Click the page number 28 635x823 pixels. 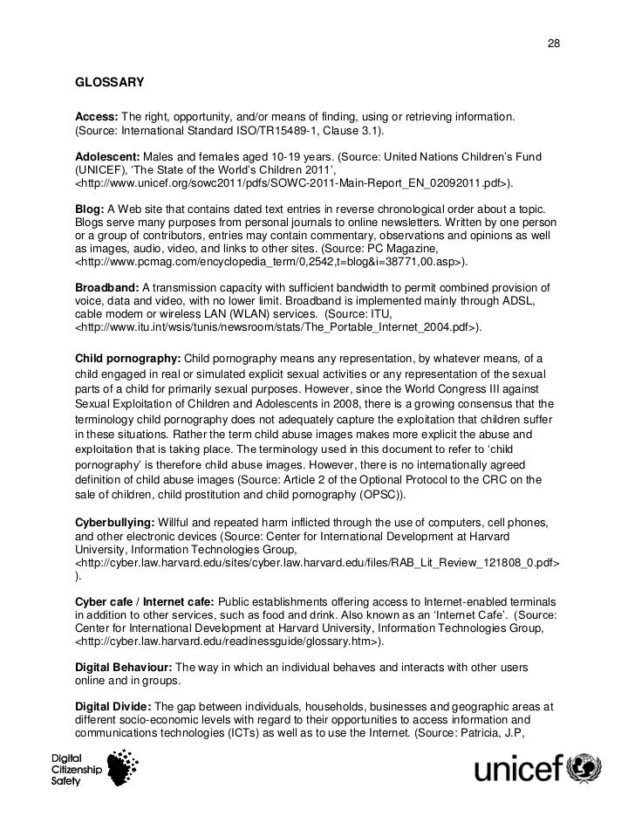pos(552,45)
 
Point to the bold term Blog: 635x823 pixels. pos(90,210)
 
